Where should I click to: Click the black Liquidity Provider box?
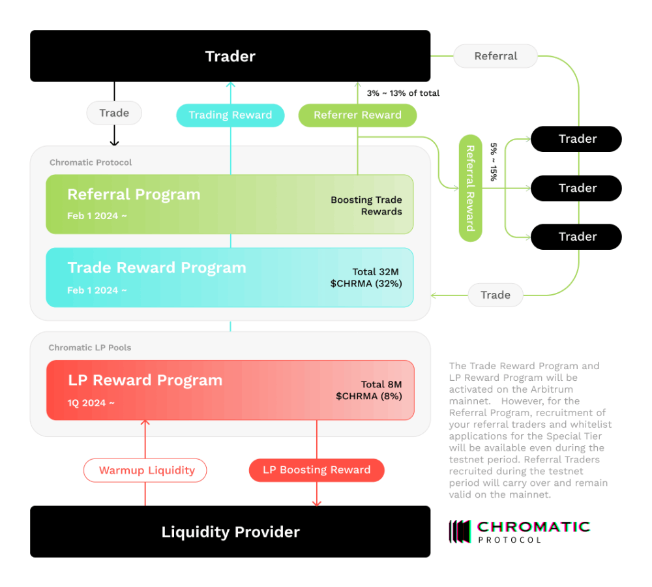click(x=230, y=532)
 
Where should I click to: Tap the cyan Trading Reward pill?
click(x=230, y=115)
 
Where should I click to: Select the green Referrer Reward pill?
click(x=357, y=115)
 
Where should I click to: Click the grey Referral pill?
click(x=496, y=56)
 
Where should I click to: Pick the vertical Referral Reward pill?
click(x=470, y=188)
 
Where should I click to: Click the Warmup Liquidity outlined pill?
click(x=145, y=470)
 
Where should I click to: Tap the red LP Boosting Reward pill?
click(x=316, y=470)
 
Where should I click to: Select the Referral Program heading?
click(x=134, y=194)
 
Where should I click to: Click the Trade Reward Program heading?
click(x=156, y=267)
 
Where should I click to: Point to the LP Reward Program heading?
click(x=145, y=380)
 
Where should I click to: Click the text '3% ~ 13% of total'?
click(x=403, y=93)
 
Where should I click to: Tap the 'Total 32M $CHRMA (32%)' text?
click(x=366, y=277)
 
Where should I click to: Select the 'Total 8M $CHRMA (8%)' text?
click(x=369, y=390)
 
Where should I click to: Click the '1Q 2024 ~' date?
click(x=91, y=403)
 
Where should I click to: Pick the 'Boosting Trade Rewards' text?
click(x=366, y=205)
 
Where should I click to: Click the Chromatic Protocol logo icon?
click(x=460, y=532)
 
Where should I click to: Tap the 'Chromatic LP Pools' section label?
click(x=90, y=348)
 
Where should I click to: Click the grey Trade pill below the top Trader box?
click(x=114, y=113)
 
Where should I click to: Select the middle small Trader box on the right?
click(x=576, y=188)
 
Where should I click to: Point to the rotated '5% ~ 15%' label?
click(x=494, y=162)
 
